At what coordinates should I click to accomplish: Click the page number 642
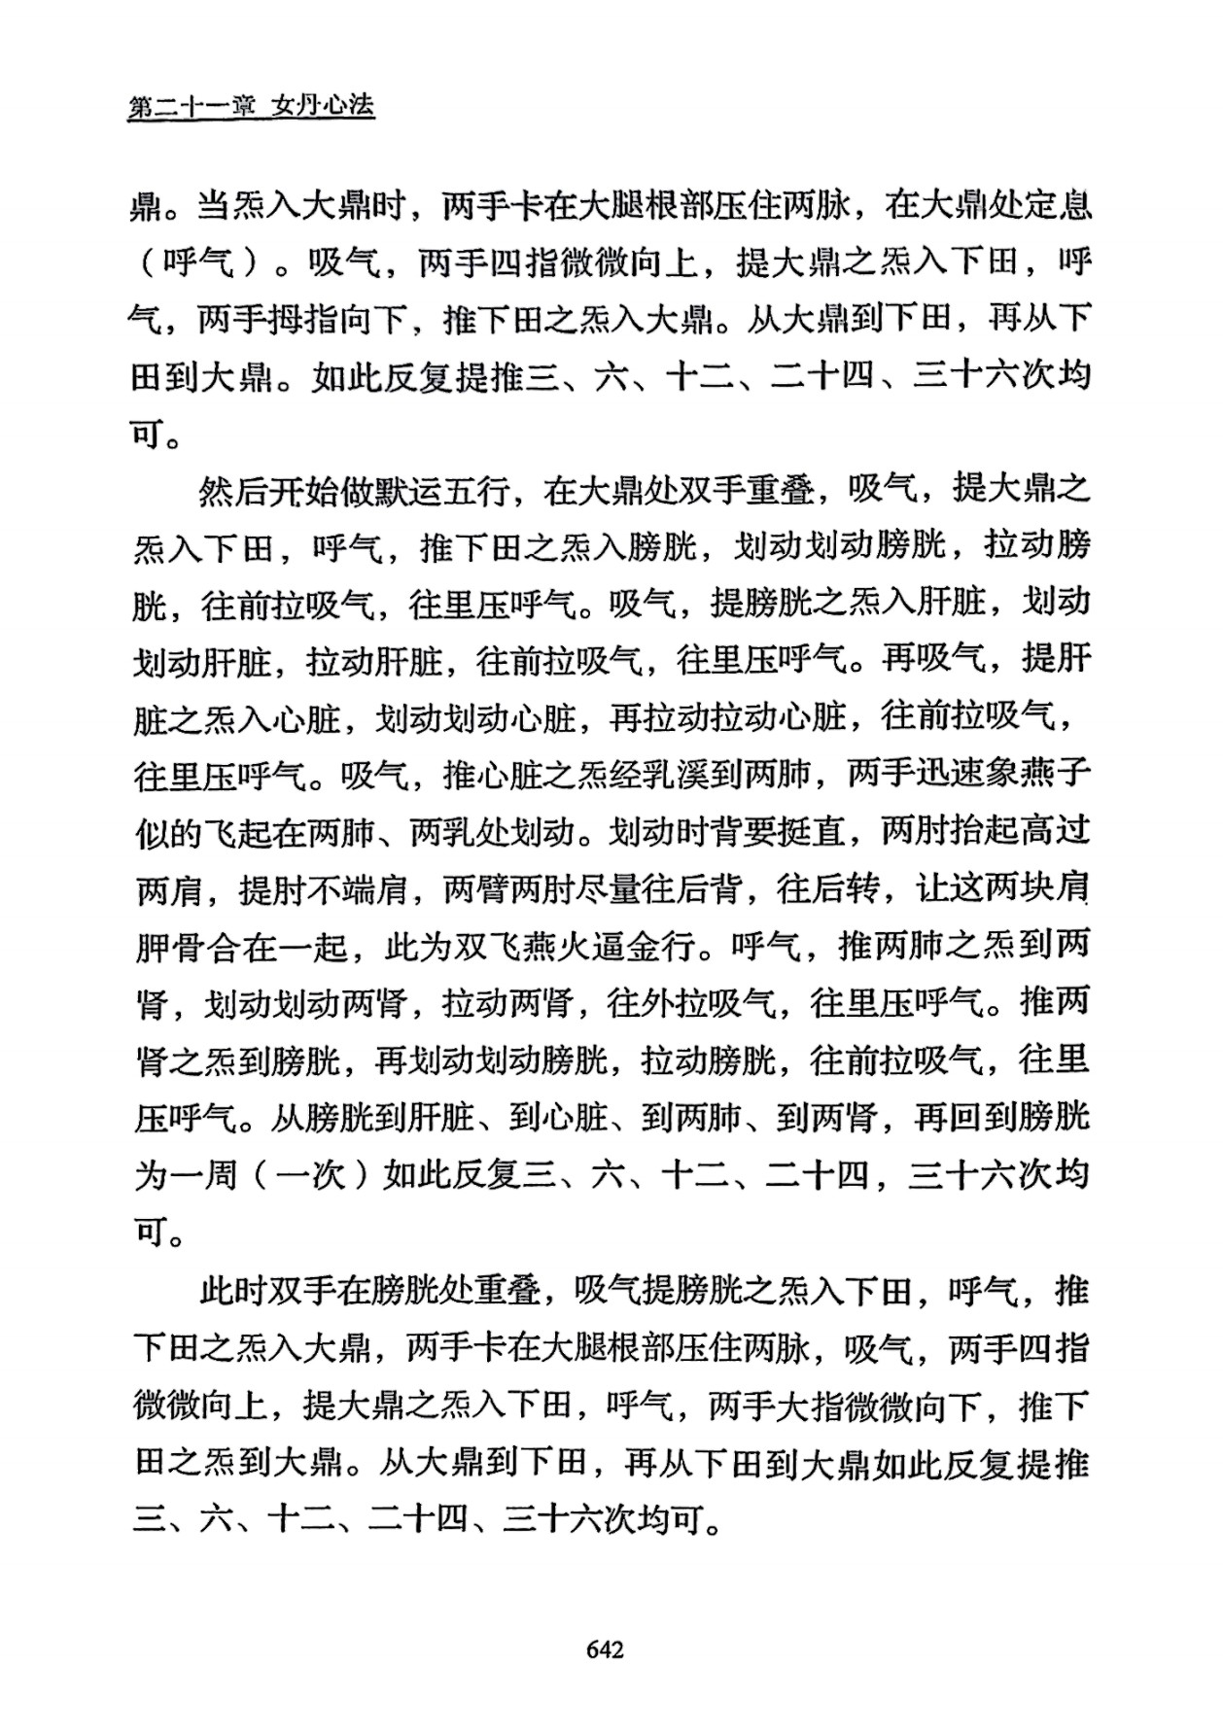point(605,1649)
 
